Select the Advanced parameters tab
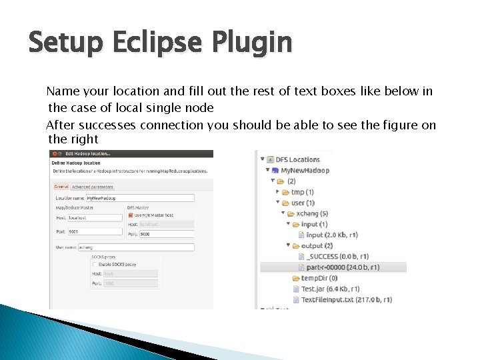[93, 187]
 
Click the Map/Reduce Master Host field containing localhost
[95, 217]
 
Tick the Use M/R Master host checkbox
[130, 215]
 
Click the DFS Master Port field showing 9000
[167, 234]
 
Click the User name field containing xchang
[135, 247]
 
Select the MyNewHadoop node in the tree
[305, 170]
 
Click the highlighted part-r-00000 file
[343, 267]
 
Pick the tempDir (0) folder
[319, 278]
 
